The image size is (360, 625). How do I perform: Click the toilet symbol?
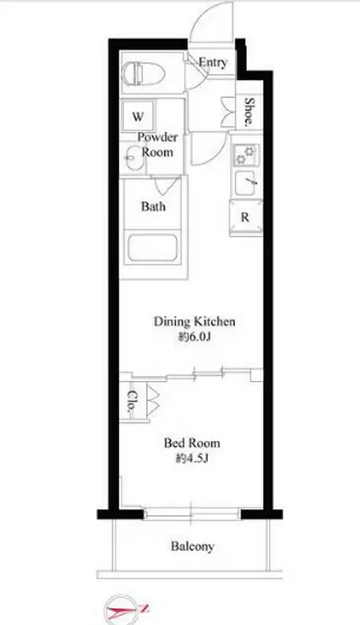(143, 73)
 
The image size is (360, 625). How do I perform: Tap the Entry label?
(213, 62)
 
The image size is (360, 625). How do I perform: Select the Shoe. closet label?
(249, 111)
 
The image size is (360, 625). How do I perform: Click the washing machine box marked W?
(138, 116)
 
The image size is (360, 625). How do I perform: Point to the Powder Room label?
(157, 144)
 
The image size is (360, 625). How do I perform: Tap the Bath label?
(153, 206)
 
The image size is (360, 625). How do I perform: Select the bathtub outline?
(152, 248)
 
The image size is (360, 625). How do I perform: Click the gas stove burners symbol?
(247, 155)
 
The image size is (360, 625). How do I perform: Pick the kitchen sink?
(247, 183)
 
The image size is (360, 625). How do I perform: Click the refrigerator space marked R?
(246, 218)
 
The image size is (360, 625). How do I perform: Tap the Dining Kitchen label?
(194, 321)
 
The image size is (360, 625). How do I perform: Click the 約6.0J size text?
(194, 338)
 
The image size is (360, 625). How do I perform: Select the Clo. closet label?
(131, 401)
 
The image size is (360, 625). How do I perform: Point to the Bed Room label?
(192, 443)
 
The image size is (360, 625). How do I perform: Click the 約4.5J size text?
(193, 459)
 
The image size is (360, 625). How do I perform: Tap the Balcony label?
(193, 546)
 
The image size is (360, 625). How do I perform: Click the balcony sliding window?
(192, 514)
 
